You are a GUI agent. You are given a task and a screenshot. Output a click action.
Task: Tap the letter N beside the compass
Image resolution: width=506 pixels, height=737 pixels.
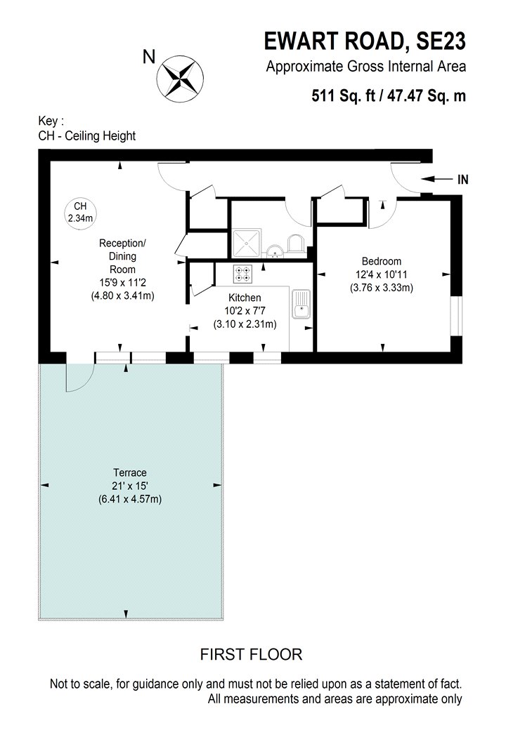pyautogui.click(x=149, y=57)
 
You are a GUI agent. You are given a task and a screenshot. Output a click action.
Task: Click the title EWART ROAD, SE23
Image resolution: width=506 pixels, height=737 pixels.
pyautogui.click(x=365, y=41)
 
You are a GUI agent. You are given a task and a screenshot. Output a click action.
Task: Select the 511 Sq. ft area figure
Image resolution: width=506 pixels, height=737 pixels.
pyautogui.click(x=344, y=96)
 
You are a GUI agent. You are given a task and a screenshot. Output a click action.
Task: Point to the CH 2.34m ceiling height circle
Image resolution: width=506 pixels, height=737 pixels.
pyautogui.click(x=81, y=212)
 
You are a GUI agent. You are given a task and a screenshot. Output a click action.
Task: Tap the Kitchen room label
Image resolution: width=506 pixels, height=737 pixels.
pyautogui.click(x=245, y=298)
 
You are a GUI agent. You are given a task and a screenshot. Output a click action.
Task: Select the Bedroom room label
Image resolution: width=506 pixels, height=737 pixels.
pyautogui.click(x=382, y=261)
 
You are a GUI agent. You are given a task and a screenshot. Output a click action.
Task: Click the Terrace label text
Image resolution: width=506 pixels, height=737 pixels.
pyautogui.click(x=130, y=473)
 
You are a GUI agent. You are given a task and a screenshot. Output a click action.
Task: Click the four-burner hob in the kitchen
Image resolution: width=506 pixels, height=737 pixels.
pyautogui.click(x=243, y=274)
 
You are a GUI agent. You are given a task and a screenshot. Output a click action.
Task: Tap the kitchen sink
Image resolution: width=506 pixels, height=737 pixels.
pyautogui.click(x=301, y=304)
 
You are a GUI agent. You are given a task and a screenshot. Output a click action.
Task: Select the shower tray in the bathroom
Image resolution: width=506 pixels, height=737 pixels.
pyautogui.click(x=246, y=244)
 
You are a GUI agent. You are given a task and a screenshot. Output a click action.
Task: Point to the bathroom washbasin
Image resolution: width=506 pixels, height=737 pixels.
pyautogui.click(x=274, y=251)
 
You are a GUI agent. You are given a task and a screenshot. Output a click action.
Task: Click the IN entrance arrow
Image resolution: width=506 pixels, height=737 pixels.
pyautogui.click(x=436, y=179)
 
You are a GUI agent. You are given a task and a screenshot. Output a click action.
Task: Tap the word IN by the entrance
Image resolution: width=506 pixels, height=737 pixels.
pyautogui.click(x=462, y=179)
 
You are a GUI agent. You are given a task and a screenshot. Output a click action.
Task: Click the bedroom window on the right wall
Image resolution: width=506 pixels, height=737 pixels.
pyautogui.click(x=456, y=316)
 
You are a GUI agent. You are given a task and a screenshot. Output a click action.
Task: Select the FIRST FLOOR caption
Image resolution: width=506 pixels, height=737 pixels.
pyautogui.click(x=252, y=654)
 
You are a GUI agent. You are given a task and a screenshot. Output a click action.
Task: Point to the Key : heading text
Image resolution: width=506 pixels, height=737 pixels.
pyautogui.click(x=51, y=121)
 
